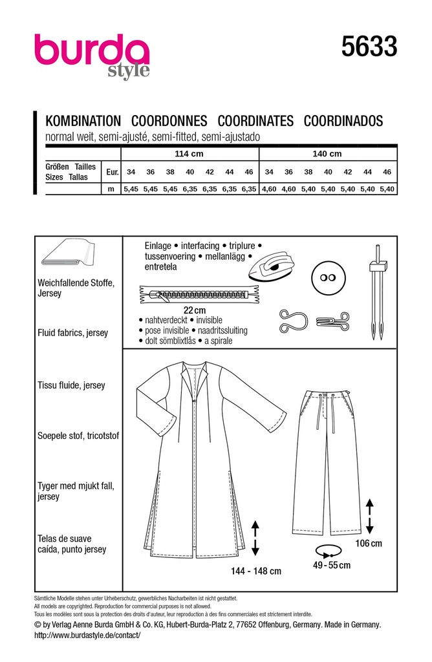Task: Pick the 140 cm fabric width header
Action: (x=328, y=154)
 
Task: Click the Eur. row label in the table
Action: (x=112, y=172)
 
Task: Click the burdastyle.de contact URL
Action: (x=86, y=635)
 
